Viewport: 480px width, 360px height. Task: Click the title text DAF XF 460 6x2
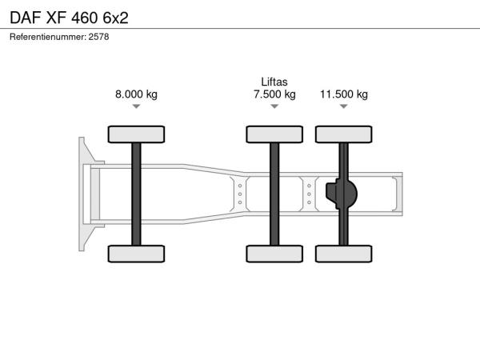(69, 18)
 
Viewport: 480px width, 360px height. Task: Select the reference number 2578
(98, 37)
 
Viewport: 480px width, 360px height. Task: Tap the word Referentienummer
(47, 37)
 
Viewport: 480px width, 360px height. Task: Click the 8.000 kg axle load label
(136, 94)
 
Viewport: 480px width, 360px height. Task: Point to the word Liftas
(274, 82)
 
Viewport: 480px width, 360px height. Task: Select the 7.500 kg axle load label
(274, 94)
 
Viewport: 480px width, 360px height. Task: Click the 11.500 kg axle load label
(344, 94)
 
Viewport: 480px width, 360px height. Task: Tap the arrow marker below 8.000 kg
(136, 106)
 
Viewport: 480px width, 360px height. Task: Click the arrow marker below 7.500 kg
(274, 106)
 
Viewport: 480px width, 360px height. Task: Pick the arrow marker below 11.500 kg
(344, 106)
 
